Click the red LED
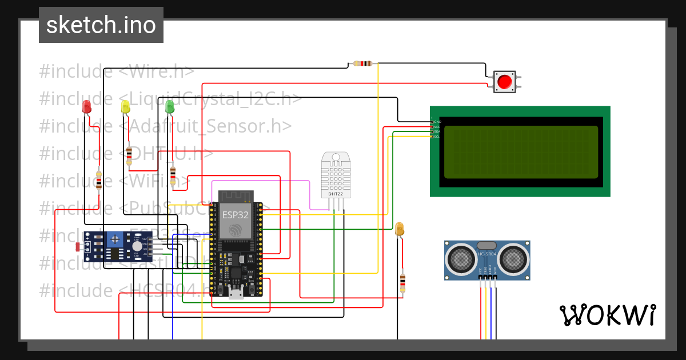(x=86, y=106)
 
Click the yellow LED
(x=125, y=106)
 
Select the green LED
(x=169, y=106)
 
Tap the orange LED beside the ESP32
(x=400, y=229)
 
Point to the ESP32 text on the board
(x=235, y=215)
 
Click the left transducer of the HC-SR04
(x=460, y=260)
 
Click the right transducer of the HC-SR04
(x=513, y=260)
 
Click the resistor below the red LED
(x=99, y=181)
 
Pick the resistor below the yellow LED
(x=129, y=155)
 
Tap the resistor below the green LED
(x=173, y=173)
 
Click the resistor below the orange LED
(x=402, y=282)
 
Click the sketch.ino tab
(x=101, y=25)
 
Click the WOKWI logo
(x=607, y=315)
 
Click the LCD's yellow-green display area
(x=521, y=152)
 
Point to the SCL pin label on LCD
(x=437, y=137)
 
